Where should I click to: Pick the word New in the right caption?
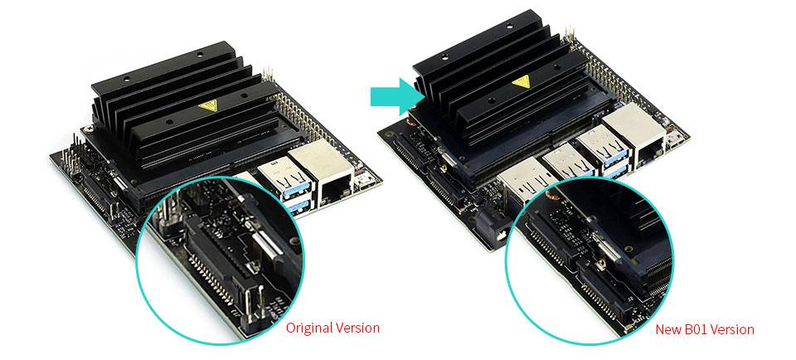coord(668,330)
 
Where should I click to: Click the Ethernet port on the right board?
coord(636,137)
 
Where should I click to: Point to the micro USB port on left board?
coord(364,178)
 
